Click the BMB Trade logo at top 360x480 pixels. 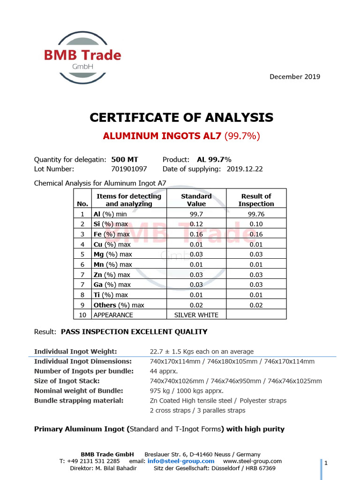coord(82,58)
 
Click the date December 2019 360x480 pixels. coord(295,76)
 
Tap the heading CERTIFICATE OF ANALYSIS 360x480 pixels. coord(181,117)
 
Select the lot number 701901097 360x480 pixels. coord(129,169)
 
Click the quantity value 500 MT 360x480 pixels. coord(125,159)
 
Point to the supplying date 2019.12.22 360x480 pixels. coord(244,169)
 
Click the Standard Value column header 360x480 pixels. coord(196,200)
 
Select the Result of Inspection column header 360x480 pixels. coord(256,200)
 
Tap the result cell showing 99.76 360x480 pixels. coord(256,214)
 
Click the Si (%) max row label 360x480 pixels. coord(110,224)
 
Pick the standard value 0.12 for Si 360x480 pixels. coord(196,224)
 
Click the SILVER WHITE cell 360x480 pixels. coord(196,315)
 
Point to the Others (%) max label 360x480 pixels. coord(119,305)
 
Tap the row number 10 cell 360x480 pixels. coord(82,315)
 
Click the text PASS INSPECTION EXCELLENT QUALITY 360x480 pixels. coord(134,332)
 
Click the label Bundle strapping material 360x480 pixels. coord(79,400)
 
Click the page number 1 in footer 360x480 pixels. coord(325,463)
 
